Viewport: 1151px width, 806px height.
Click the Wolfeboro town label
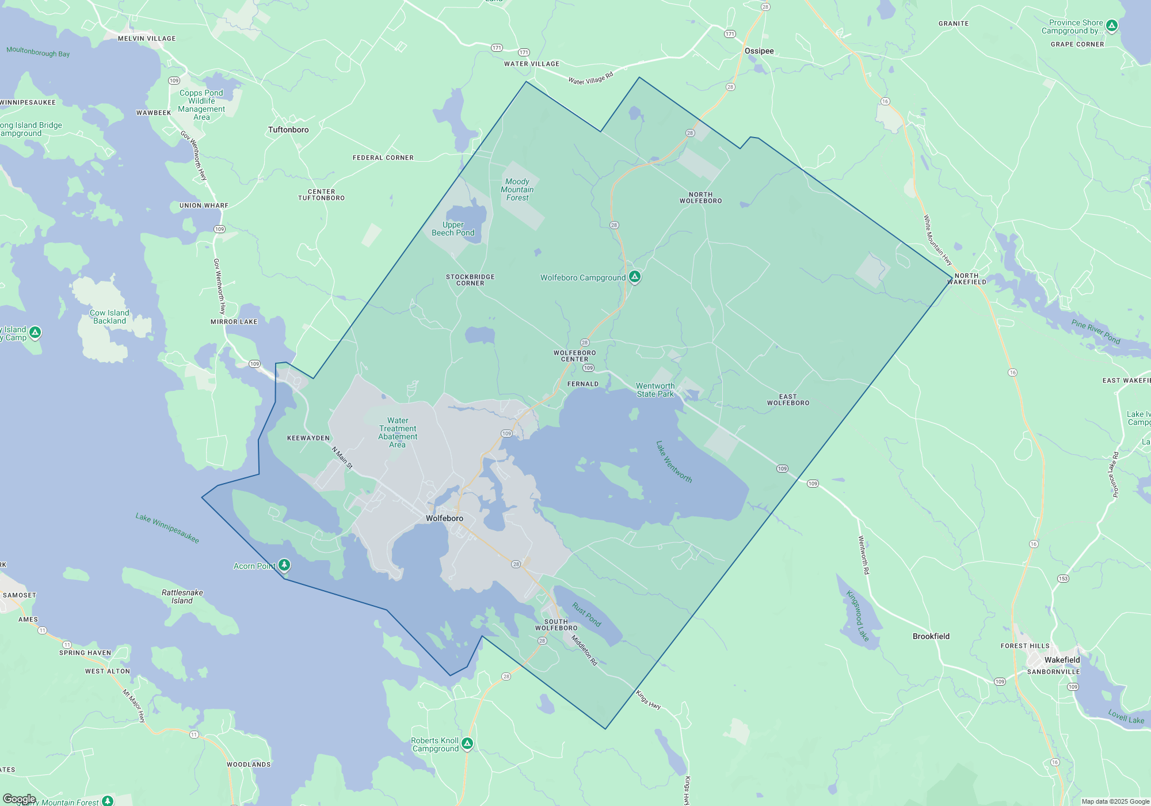pyautogui.click(x=444, y=518)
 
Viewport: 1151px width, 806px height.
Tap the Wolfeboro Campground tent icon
pyautogui.click(x=635, y=277)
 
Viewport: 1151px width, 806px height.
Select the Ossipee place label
pyautogui.click(x=759, y=51)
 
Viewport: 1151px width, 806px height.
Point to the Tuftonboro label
pyautogui.click(x=288, y=130)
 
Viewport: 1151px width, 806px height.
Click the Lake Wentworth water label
pyautogui.click(x=674, y=462)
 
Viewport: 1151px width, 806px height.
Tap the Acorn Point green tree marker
pyautogui.click(x=284, y=565)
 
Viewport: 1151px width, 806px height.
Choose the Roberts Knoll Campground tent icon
pyautogui.click(x=467, y=743)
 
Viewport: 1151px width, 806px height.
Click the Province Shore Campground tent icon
pyautogui.click(x=1112, y=25)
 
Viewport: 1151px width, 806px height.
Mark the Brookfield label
pyautogui.click(x=931, y=636)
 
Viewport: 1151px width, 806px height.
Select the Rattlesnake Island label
pyautogui.click(x=182, y=596)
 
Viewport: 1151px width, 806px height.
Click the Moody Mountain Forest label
pyautogui.click(x=517, y=189)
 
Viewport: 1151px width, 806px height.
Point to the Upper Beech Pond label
pyautogui.click(x=453, y=229)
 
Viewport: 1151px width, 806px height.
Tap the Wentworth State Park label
pyautogui.click(x=655, y=390)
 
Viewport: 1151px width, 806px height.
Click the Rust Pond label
pyautogui.click(x=586, y=614)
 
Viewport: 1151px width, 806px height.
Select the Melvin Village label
pyautogui.click(x=147, y=39)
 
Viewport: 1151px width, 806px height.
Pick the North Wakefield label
pyautogui.click(x=967, y=279)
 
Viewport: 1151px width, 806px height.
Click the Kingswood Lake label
pyautogui.click(x=857, y=615)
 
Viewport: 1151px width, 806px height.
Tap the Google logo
pyautogui.click(x=19, y=799)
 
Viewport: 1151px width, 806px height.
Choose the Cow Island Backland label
pyautogui.click(x=109, y=317)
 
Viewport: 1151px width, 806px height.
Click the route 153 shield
pyautogui.click(x=1062, y=579)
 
